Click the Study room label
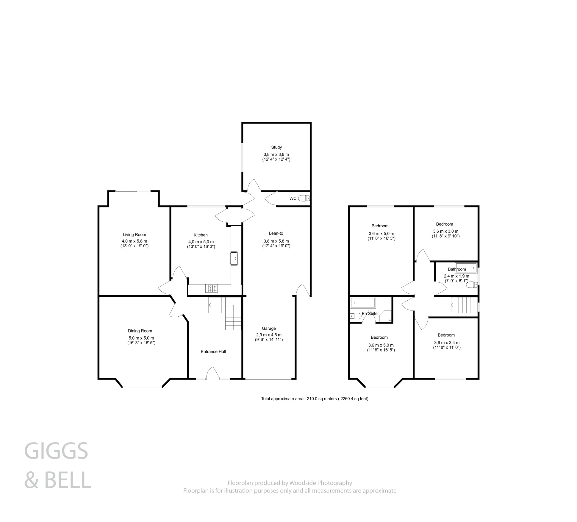(x=276, y=147)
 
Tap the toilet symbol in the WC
(x=304, y=198)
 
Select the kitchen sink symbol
(x=234, y=258)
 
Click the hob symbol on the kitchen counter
(x=211, y=288)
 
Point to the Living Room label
(x=134, y=235)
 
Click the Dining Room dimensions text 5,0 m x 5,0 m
(x=141, y=338)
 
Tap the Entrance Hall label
(x=213, y=352)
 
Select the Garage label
(x=268, y=328)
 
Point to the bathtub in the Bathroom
(x=466, y=267)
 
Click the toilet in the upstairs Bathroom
(x=472, y=285)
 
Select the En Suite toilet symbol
(x=356, y=316)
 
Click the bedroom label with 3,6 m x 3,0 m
(x=444, y=224)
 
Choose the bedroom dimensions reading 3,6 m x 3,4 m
(x=447, y=343)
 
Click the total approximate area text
(x=314, y=398)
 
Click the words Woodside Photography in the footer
(x=320, y=483)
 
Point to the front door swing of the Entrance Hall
(x=213, y=373)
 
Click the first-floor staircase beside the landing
(x=464, y=305)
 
